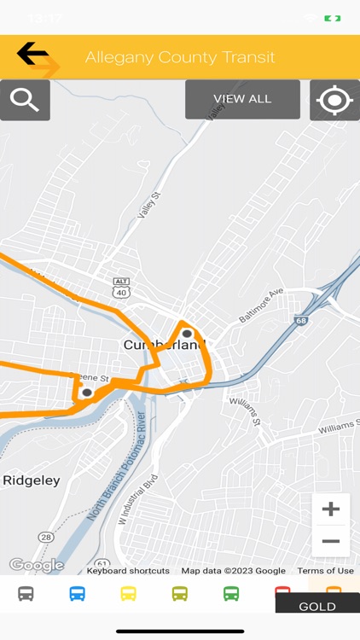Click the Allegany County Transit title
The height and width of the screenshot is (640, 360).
click(180, 57)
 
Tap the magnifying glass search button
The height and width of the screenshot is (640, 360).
click(25, 100)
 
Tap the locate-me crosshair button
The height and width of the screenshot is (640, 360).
click(334, 100)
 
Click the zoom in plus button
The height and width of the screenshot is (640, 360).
click(330, 509)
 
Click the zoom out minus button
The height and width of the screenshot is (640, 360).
click(330, 541)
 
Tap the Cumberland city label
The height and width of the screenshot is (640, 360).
click(165, 345)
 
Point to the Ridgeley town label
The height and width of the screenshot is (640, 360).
click(32, 480)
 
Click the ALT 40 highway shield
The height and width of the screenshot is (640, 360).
click(121, 287)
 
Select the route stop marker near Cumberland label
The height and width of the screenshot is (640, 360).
click(187, 334)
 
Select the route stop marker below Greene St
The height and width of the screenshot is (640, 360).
click(87, 393)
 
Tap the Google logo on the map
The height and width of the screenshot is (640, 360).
click(36, 565)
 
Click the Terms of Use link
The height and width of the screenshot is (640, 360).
click(325, 571)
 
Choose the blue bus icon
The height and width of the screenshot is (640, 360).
click(77, 594)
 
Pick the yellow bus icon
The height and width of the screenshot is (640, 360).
click(128, 594)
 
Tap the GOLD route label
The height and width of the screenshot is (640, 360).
click(316, 607)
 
